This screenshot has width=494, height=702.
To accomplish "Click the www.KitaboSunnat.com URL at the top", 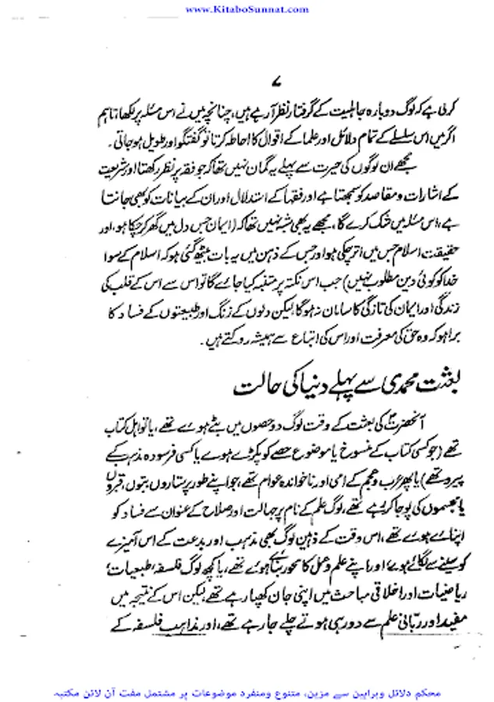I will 247,8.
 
